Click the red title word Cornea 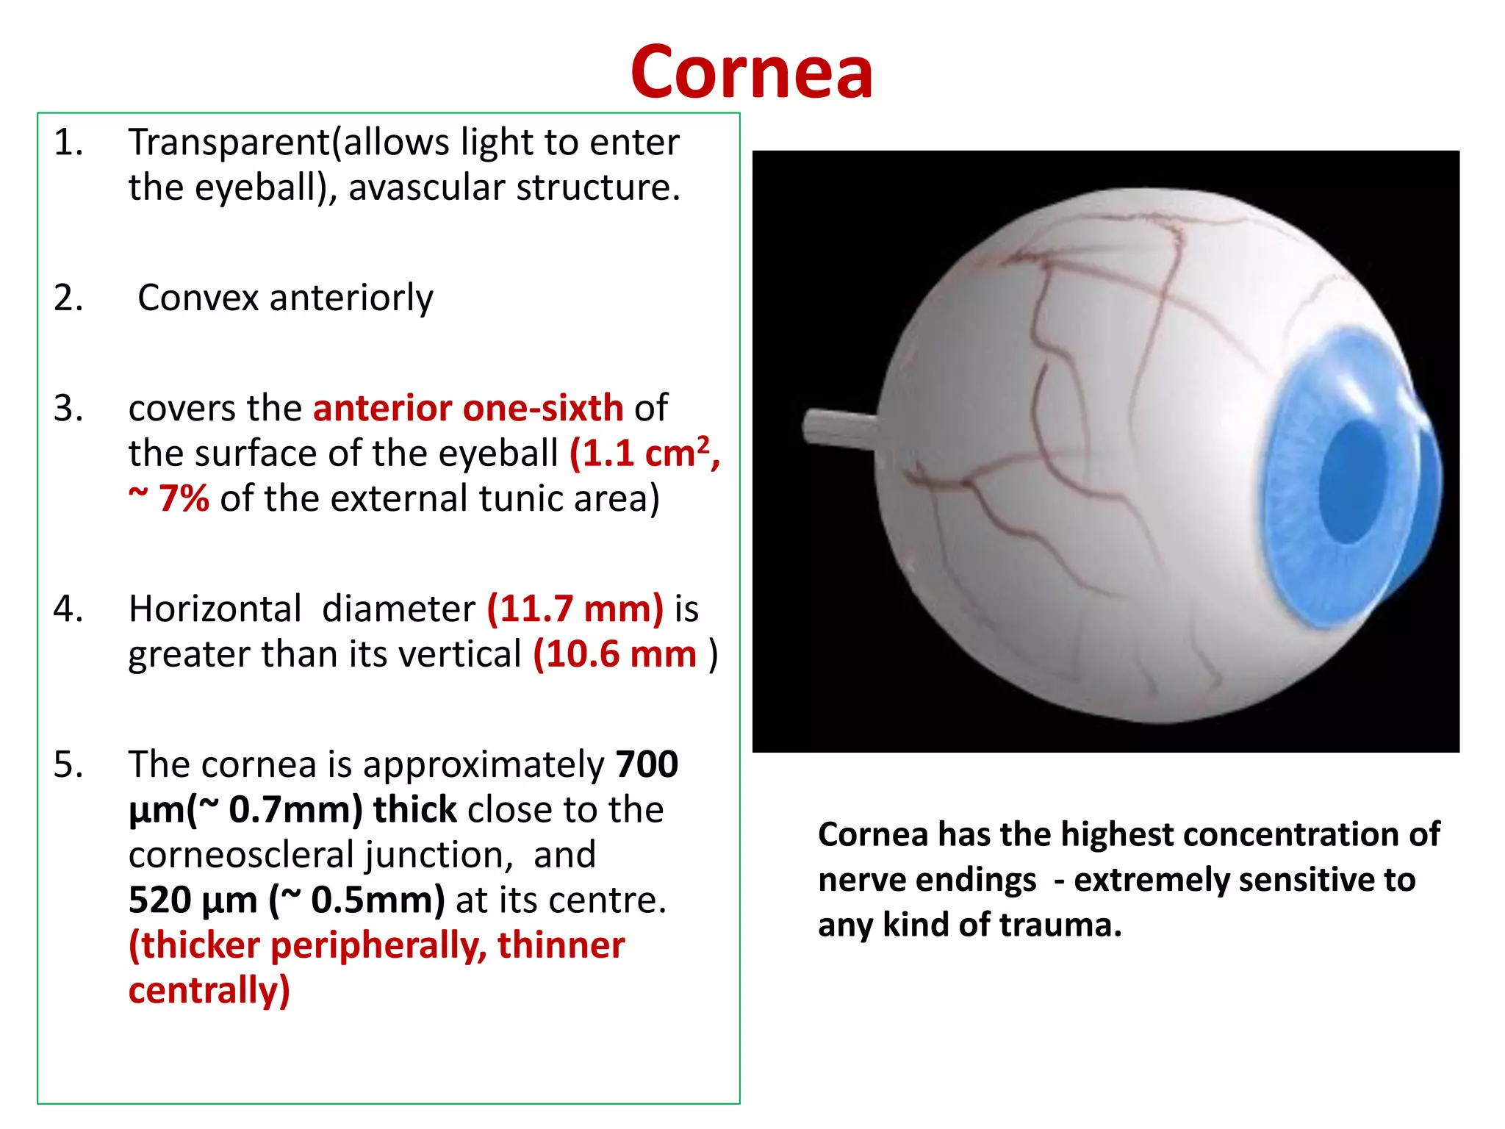click(751, 72)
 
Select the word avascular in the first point click(427, 187)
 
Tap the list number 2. click(68, 298)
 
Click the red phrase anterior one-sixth click(468, 409)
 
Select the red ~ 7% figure click(169, 499)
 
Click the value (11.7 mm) click(575, 609)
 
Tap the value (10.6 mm click(614, 654)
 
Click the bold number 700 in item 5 click(647, 764)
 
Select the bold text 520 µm click(193, 900)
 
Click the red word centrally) click(209, 991)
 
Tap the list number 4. click(68, 609)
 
